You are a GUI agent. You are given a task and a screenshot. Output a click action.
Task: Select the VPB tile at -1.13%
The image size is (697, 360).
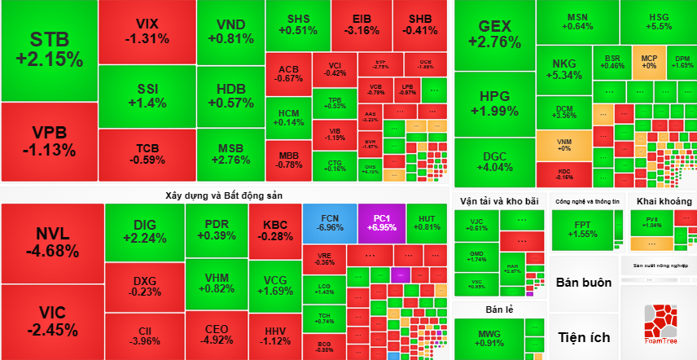[49, 141]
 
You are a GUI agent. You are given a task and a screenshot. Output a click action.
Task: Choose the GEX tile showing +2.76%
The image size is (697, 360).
[494, 35]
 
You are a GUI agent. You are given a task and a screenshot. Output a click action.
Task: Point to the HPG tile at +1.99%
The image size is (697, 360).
[494, 103]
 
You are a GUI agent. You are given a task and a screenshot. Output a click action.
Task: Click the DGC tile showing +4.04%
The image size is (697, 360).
[494, 162]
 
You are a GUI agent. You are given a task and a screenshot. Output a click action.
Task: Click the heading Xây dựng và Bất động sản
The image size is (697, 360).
[224, 195]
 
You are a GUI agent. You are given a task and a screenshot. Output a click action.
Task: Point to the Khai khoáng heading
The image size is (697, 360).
[664, 201]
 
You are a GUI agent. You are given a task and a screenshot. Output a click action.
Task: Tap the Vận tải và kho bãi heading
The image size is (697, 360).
[499, 201]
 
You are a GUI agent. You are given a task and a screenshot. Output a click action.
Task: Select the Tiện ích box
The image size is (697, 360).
[584, 336]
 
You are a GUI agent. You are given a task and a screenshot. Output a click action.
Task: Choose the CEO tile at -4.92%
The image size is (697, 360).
[216, 334]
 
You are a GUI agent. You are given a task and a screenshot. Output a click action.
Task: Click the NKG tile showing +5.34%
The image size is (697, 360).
[563, 69]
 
